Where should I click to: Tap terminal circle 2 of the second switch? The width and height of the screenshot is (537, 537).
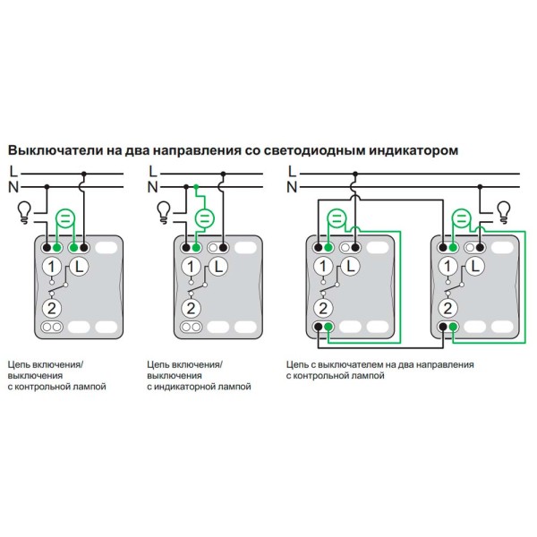[191, 308]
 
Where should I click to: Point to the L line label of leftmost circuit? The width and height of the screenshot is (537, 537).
[12, 169]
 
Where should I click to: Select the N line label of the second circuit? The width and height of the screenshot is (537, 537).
[152, 186]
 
